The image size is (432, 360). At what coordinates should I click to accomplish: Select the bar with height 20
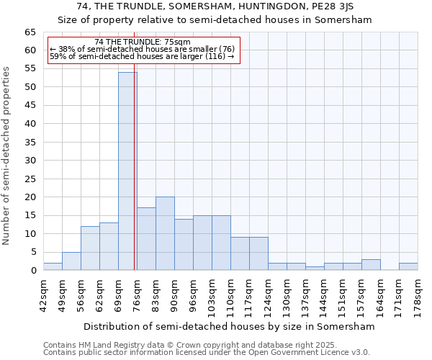pos(165,233)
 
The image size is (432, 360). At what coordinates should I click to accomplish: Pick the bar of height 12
pos(90,248)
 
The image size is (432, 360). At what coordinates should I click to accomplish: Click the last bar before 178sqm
pos(408,266)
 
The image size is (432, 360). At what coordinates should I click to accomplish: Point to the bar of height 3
pos(371,264)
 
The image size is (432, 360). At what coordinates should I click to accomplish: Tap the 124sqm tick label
pos(269,294)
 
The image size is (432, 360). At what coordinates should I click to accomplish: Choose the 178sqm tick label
pos(418,294)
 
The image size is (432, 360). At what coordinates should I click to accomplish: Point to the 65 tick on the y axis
pos(30,32)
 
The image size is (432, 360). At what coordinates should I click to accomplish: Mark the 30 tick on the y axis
pos(30,161)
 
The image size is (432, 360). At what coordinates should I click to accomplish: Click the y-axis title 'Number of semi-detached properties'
pos(7,156)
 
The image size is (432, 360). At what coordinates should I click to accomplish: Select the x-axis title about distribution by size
pos(230,326)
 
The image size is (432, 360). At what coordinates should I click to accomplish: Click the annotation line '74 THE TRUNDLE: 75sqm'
pos(143,42)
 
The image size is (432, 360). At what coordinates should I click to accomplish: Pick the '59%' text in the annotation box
pos(57,56)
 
